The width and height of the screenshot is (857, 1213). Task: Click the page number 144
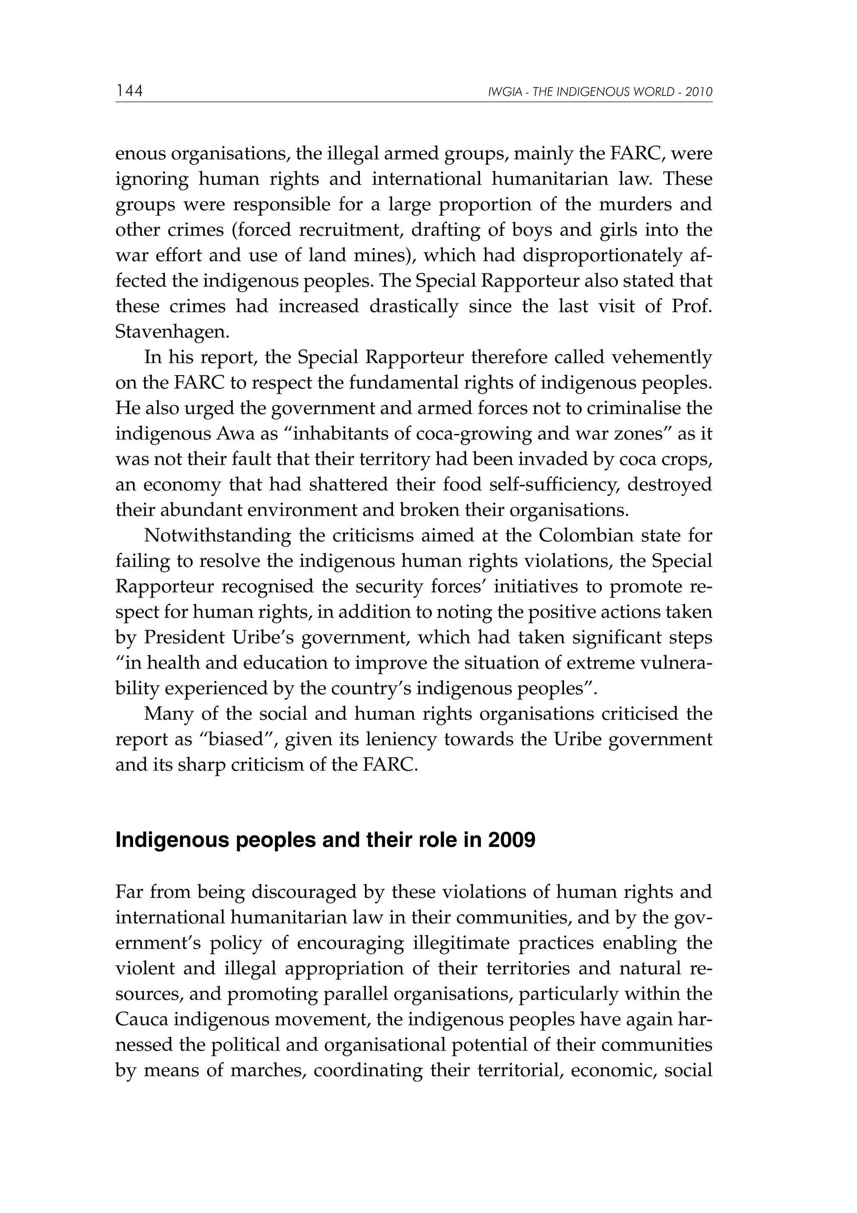(x=129, y=91)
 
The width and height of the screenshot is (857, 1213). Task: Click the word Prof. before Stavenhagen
(x=691, y=306)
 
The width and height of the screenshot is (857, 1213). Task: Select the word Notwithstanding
(x=217, y=536)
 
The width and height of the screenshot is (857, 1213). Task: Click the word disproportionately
(x=602, y=256)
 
